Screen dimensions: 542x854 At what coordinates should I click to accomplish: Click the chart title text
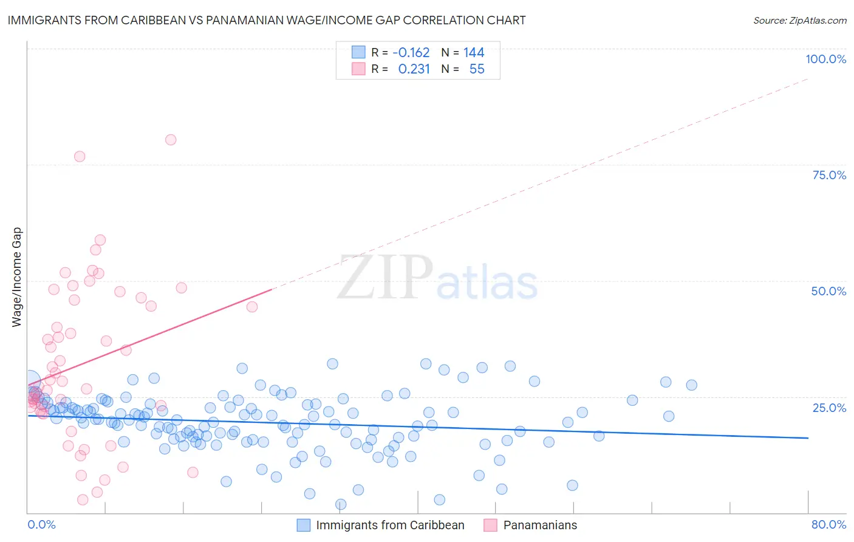click(267, 20)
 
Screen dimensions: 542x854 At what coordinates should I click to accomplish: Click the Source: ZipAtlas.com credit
click(799, 20)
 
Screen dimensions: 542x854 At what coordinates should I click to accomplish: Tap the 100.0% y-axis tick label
click(825, 59)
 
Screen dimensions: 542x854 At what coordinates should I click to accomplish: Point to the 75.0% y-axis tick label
click(829, 175)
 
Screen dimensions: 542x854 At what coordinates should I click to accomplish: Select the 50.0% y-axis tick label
click(828, 291)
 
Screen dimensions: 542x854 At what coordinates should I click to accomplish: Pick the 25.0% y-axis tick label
click(829, 407)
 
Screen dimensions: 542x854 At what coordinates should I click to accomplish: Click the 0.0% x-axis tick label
click(41, 524)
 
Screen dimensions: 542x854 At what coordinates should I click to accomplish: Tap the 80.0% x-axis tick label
click(828, 524)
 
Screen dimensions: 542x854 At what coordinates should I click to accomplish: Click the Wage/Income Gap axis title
click(17, 277)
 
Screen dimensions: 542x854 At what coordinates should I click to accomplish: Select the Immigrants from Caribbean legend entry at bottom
click(390, 525)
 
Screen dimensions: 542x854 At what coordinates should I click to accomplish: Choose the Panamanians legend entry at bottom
click(540, 525)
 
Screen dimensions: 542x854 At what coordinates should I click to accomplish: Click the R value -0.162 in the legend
click(411, 53)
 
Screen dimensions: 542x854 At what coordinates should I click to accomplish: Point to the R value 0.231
click(414, 69)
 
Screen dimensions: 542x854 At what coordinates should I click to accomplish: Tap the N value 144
click(474, 53)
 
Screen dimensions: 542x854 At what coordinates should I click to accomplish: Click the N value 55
click(477, 69)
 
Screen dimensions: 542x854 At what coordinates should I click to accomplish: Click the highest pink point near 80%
click(171, 140)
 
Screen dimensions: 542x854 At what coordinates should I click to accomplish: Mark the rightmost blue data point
click(691, 385)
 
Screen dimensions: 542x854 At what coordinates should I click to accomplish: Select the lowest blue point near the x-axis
click(341, 504)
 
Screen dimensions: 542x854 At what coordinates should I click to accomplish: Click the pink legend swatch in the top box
click(358, 69)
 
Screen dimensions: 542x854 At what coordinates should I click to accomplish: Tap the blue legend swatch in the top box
click(358, 52)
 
